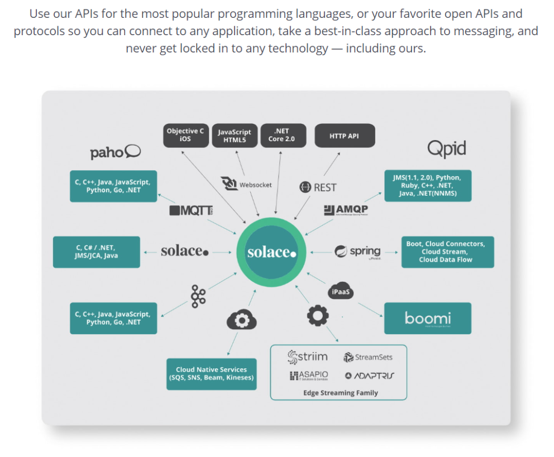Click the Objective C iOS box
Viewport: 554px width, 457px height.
coord(185,136)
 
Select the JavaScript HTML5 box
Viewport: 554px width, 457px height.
coord(234,136)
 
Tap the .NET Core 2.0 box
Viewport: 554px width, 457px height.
coord(283,136)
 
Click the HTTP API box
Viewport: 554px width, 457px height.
coord(344,136)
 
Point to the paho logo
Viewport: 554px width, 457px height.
coord(116,152)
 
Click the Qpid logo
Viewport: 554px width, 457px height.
coord(446,148)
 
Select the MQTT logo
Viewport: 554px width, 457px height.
coord(191,210)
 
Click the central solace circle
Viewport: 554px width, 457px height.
coord(271,252)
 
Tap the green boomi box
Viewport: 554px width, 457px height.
coord(427,319)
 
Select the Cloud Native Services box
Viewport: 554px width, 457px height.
coord(211,374)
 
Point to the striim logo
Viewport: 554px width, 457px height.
coord(307,357)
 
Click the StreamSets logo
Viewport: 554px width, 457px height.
coord(368,357)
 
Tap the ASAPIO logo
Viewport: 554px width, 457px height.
coord(309,376)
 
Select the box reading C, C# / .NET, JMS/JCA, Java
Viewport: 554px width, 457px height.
coord(96,252)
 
